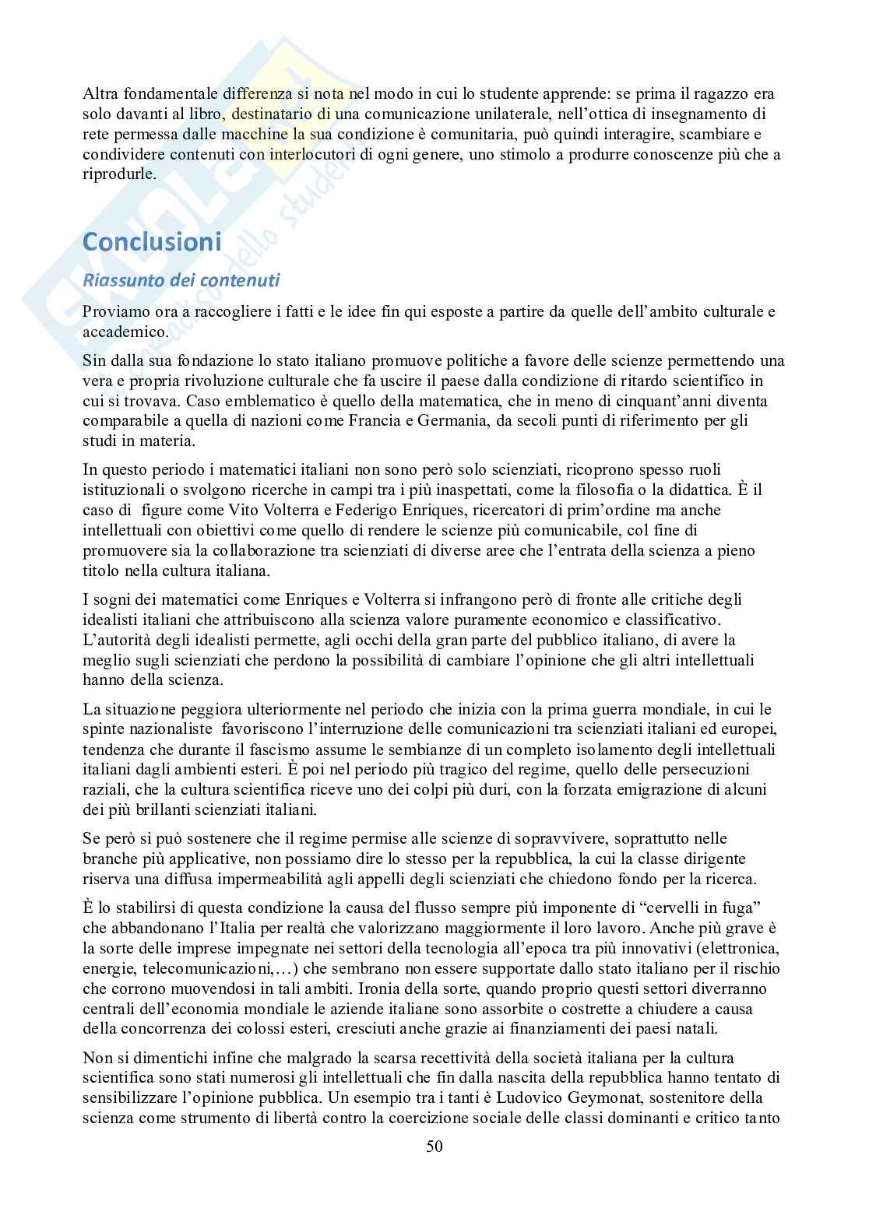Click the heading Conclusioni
tap(152, 242)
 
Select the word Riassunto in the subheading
tap(121, 279)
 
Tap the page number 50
tap(434, 1146)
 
